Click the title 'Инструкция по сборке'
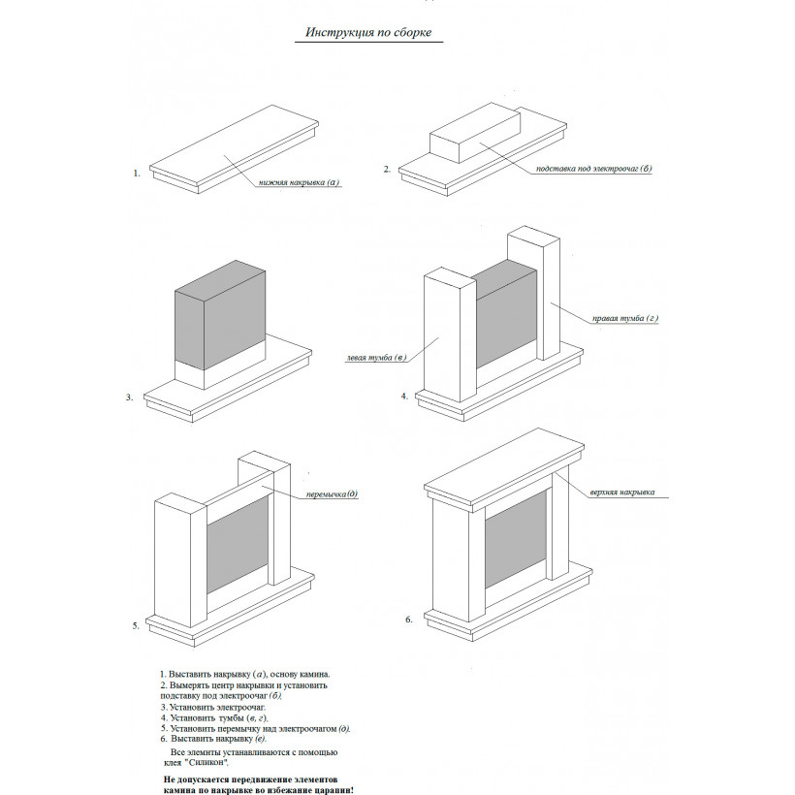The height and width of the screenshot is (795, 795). click(x=368, y=32)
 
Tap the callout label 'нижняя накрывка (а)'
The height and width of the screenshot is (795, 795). click(x=299, y=182)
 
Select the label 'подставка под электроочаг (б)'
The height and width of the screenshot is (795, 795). click(x=593, y=169)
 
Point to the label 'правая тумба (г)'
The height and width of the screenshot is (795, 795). click(x=625, y=318)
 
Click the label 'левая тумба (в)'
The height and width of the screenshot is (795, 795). click(x=376, y=358)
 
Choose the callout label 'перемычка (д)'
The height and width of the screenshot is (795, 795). click(x=333, y=493)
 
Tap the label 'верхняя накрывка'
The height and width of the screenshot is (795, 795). click(x=622, y=492)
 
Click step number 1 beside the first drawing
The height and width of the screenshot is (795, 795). click(x=137, y=174)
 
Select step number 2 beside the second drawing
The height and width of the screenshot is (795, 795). click(x=387, y=170)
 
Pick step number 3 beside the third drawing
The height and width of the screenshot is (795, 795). click(x=129, y=397)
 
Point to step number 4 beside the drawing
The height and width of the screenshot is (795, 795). click(x=404, y=396)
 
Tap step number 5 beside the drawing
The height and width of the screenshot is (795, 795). click(x=136, y=625)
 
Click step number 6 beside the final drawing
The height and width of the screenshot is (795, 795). click(x=409, y=620)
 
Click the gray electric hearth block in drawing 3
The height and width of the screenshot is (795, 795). click(x=220, y=315)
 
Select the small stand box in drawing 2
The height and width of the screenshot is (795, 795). click(x=475, y=134)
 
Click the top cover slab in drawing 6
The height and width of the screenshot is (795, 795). click(x=504, y=467)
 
